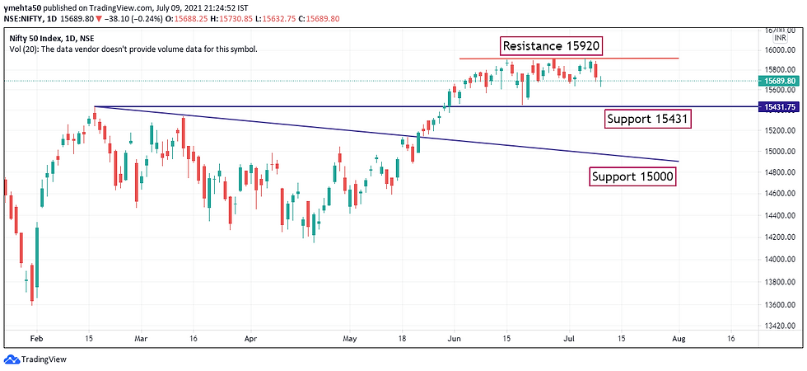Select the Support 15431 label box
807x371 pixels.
click(x=647, y=120)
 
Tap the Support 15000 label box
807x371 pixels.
click(x=632, y=176)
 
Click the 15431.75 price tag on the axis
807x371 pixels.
click(x=778, y=107)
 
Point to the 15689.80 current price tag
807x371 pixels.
click(x=778, y=81)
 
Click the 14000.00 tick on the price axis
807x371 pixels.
click(x=777, y=258)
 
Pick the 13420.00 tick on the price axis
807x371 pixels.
click(x=777, y=326)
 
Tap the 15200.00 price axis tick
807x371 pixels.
click(x=777, y=130)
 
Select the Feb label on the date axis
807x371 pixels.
click(x=35, y=338)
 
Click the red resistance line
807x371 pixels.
click(x=568, y=59)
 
